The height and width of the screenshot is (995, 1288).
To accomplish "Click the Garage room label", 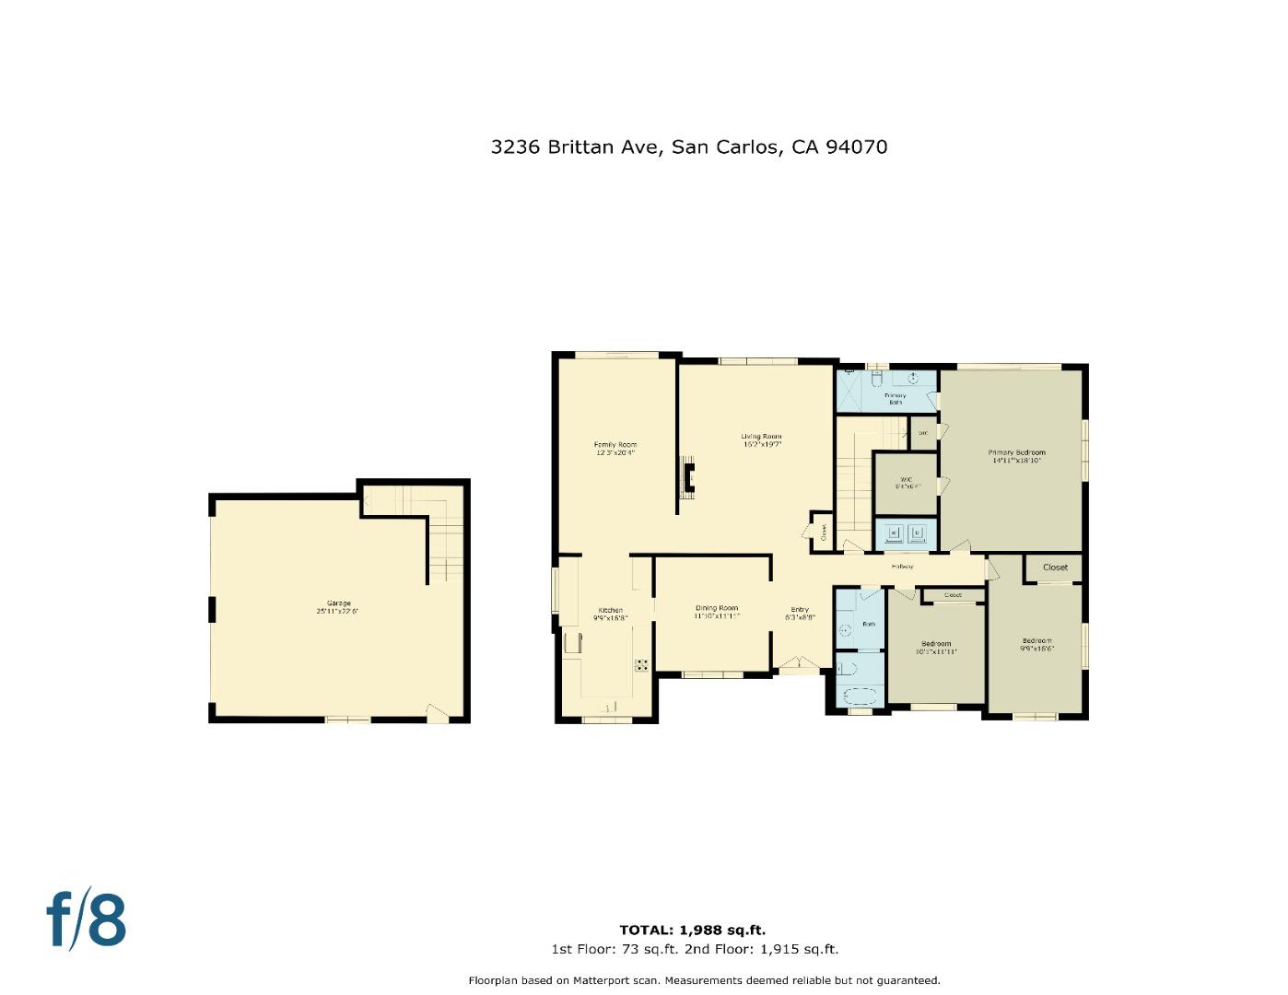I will pos(338,604).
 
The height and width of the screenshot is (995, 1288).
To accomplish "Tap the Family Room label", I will pos(615,446).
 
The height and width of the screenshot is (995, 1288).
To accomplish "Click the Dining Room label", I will pos(717,609).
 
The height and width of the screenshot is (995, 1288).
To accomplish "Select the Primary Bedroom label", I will pos(1017,453).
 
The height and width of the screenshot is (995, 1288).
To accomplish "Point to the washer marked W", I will pos(893,532).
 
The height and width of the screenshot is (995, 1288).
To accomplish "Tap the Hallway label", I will pos(902,567).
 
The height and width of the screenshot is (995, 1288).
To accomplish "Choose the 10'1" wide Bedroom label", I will pos(936,645).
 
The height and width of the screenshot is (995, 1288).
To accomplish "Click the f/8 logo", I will pos(87,919).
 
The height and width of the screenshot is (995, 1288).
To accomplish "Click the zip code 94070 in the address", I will pos(856,147).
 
